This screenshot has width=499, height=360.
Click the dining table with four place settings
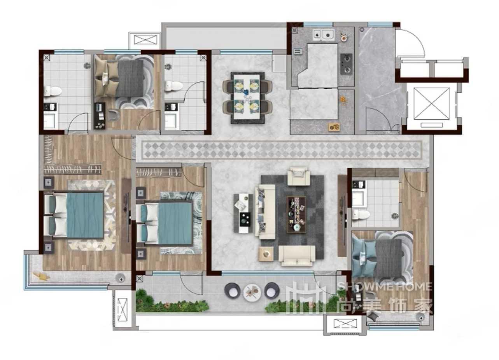click(x=247, y=98)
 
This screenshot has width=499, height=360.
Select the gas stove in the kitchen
click(x=347, y=64)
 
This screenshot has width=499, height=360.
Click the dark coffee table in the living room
click(x=296, y=215)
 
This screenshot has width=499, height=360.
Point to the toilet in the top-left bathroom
click(x=53, y=91)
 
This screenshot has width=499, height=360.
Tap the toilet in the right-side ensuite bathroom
click(x=361, y=215)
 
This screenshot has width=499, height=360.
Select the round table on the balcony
click(x=252, y=292)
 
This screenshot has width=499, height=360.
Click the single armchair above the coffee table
click(x=299, y=176)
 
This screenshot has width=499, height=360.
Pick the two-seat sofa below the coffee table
click(x=297, y=256)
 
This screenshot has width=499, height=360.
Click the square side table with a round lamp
click(x=266, y=254)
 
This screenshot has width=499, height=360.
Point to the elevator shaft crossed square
click(x=431, y=103)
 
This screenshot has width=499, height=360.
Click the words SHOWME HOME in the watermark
click(x=385, y=287)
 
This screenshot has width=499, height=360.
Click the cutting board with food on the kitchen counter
click(x=334, y=127)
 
